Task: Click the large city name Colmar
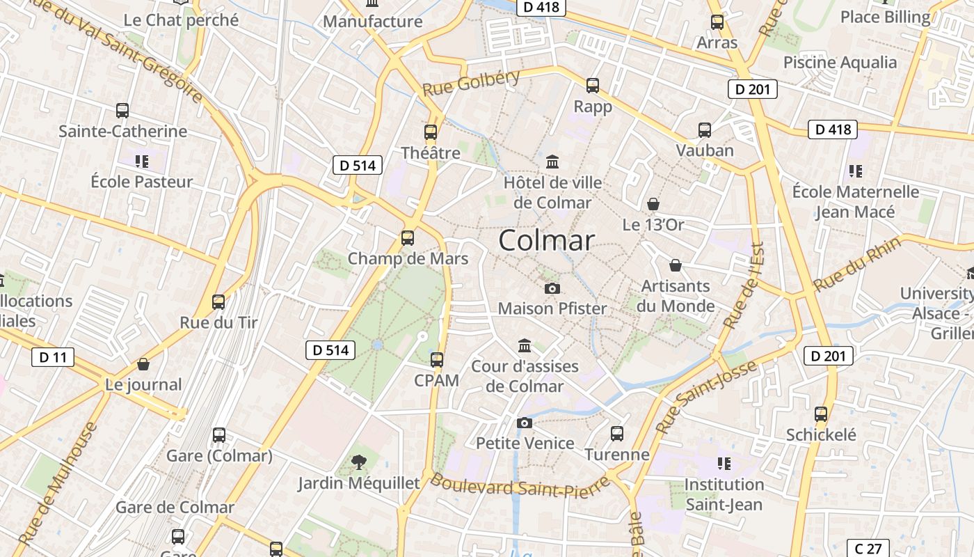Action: coord(547,240)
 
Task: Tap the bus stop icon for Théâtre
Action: coord(431,132)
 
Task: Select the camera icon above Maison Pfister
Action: coord(552,288)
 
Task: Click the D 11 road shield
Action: coord(53,358)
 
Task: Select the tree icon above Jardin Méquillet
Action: coord(359,461)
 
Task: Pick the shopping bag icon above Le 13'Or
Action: coord(653,204)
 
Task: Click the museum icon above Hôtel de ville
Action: coord(552,162)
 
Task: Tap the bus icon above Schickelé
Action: coord(821,414)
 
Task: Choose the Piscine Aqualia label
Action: coord(840,62)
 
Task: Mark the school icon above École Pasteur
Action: coord(142,162)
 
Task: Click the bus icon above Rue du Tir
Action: coord(218,301)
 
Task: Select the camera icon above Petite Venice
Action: coord(525,423)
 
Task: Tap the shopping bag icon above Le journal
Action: coord(143,364)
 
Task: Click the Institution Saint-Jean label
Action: coord(724,494)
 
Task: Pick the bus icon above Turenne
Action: coord(616,434)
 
